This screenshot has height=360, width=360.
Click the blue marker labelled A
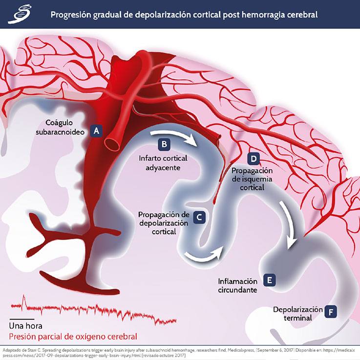(x=97, y=131)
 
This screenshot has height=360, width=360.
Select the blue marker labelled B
(x=165, y=144)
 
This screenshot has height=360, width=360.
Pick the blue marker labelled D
(x=253, y=158)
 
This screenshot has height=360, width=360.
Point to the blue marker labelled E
(x=268, y=280)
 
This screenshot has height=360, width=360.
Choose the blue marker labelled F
(x=332, y=312)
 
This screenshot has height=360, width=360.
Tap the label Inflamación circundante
(x=237, y=286)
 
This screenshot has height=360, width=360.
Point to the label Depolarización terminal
(x=298, y=314)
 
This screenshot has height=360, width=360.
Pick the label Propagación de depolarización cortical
(x=164, y=223)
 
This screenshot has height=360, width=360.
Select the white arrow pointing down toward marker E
(x=293, y=230)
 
